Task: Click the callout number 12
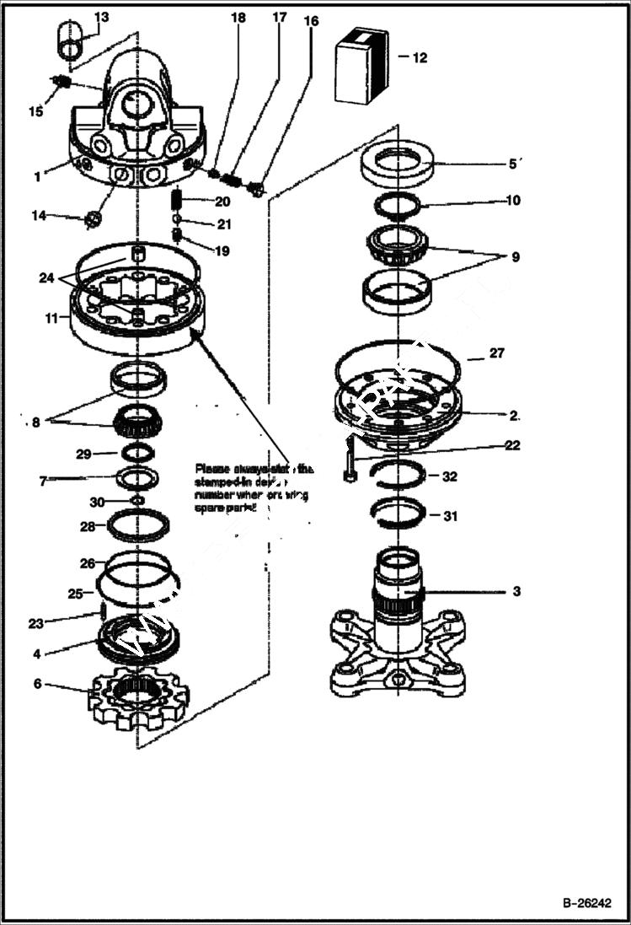[419, 58]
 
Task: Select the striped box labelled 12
[361, 64]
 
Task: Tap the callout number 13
[101, 18]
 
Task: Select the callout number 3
[516, 592]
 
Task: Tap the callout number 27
[497, 353]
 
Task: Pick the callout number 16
[311, 21]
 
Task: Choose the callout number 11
[52, 319]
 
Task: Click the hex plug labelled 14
[94, 219]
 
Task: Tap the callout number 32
[449, 476]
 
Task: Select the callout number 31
[451, 516]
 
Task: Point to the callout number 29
[83, 454]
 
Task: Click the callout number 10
[513, 201]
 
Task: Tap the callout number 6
[37, 684]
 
